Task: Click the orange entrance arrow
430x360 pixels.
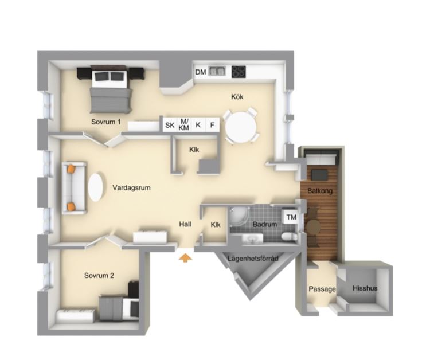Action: [185, 258]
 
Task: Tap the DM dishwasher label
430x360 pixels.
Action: [201, 72]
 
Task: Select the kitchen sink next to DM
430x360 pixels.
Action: [217, 71]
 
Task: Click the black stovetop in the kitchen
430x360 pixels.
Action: [239, 72]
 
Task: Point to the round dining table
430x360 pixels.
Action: [241, 127]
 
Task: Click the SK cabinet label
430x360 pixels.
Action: [170, 126]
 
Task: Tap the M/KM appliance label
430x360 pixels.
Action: [184, 124]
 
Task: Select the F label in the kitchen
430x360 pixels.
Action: [212, 125]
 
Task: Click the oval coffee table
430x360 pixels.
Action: [96, 187]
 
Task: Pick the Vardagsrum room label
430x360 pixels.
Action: [131, 188]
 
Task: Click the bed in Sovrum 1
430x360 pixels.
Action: [111, 89]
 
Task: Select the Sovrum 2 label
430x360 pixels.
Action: [99, 276]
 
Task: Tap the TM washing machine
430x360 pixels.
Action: [291, 217]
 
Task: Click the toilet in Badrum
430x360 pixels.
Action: [288, 236]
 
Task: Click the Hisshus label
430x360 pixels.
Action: [365, 288]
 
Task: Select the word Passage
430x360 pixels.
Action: [322, 289]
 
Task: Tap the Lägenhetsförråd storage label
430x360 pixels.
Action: [253, 259]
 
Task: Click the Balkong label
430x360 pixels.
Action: [320, 191]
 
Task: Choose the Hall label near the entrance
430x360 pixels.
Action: [185, 224]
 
